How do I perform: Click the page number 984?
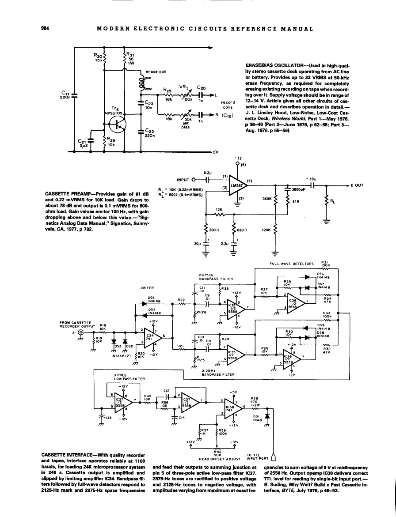(44, 29)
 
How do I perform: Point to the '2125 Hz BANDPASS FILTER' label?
(214, 373)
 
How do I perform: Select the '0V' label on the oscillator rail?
(215, 153)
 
